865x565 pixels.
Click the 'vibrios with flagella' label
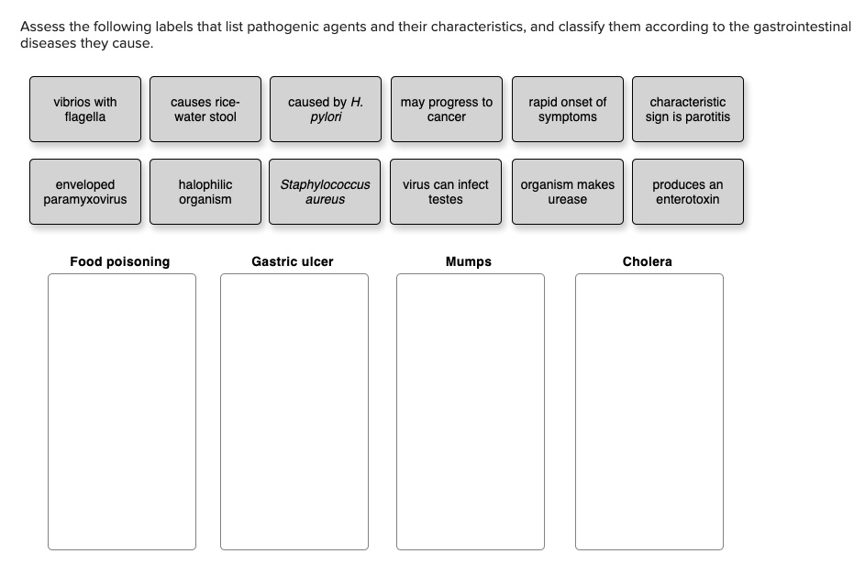coord(85,109)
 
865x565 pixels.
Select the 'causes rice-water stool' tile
coord(205,109)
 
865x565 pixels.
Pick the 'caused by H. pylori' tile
coord(325,109)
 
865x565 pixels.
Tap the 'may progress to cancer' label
coord(446,109)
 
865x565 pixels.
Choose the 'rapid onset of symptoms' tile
coord(567,109)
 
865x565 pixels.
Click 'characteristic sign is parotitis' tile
coord(687,109)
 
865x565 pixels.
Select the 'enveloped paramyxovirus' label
coord(85,192)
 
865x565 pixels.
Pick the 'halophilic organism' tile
coord(205,192)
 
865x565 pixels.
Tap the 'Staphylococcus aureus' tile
coord(325,192)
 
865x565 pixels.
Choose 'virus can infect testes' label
coord(446,192)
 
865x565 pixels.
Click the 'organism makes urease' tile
coord(567,192)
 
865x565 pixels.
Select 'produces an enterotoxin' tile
coord(687,192)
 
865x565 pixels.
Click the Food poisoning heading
coord(120,262)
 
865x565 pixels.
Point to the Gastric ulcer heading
coord(293,262)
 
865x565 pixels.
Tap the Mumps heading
coord(469,262)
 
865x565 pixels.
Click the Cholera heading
coord(647,262)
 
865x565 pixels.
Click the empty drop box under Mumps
coord(470,411)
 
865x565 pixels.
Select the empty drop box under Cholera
coord(649,411)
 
